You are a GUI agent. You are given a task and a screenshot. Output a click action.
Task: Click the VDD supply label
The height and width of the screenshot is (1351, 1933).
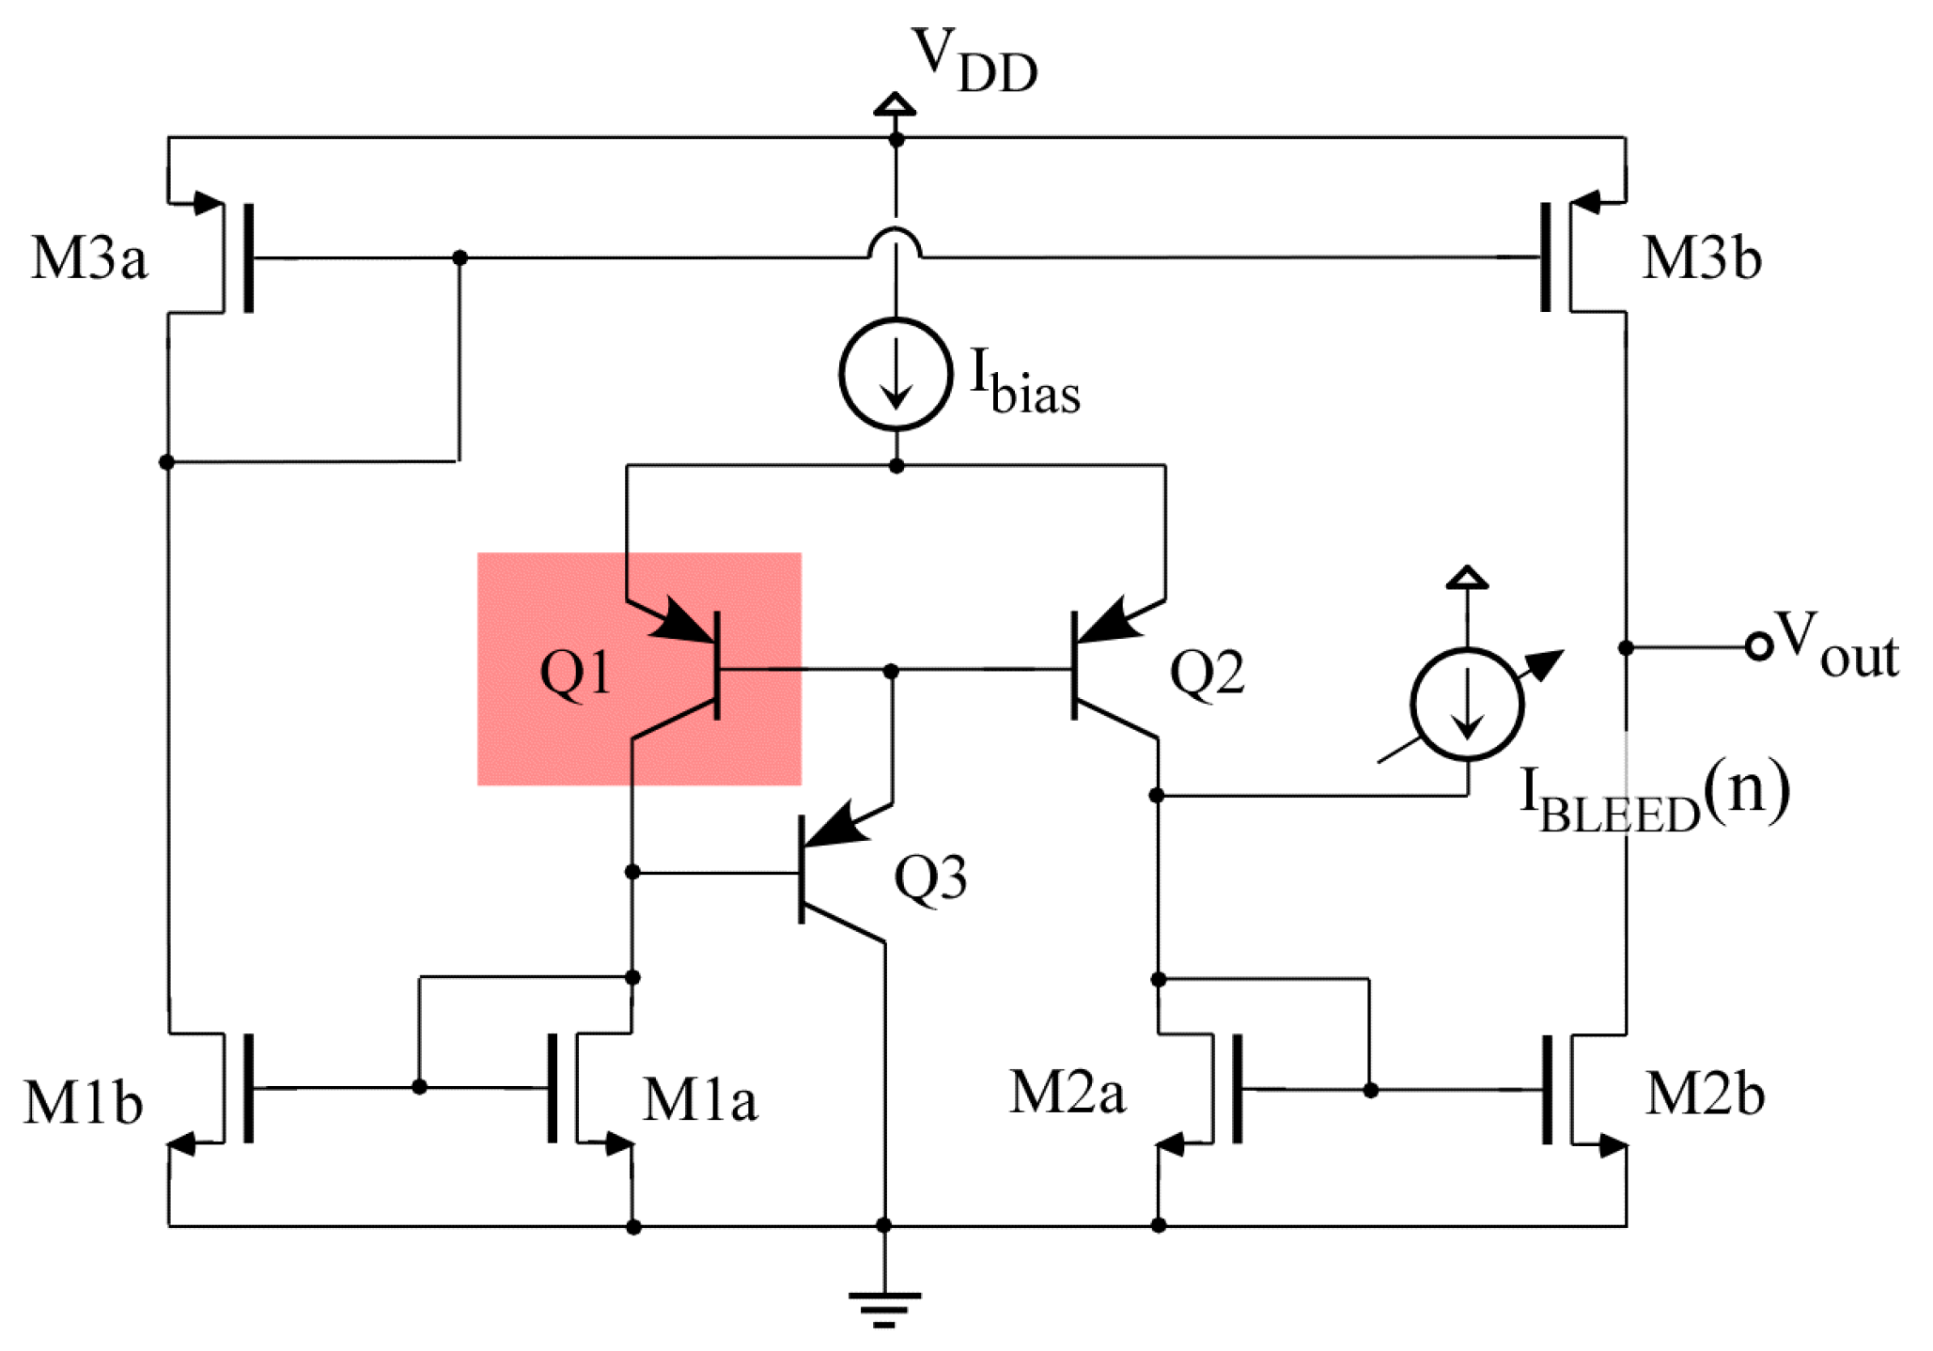click(x=974, y=62)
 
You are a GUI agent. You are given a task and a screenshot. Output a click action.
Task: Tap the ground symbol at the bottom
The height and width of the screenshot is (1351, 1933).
click(x=883, y=1307)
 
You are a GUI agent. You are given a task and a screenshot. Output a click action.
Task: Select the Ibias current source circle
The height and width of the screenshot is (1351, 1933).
click(x=896, y=374)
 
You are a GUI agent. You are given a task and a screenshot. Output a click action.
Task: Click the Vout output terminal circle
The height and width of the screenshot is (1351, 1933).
click(x=1758, y=646)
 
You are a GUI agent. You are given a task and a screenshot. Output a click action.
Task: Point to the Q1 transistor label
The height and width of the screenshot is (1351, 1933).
click(x=575, y=674)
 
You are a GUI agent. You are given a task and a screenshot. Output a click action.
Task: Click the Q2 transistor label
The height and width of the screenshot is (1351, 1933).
click(x=1207, y=674)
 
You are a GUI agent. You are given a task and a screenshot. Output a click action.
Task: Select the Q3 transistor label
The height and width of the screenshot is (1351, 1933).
click(x=929, y=878)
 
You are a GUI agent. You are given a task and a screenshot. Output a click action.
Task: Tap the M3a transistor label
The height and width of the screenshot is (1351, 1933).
click(x=89, y=257)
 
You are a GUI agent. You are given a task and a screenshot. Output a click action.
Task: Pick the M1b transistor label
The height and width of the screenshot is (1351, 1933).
click(x=83, y=1101)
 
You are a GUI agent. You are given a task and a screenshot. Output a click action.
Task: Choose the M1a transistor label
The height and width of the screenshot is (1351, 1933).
click(x=699, y=1099)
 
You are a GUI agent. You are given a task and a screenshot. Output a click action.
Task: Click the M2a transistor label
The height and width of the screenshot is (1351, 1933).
click(x=1067, y=1093)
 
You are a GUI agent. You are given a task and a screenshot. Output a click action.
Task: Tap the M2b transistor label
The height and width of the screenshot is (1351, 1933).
click(x=1705, y=1095)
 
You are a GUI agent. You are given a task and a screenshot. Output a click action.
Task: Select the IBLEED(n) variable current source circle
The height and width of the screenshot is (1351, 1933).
click(x=1466, y=705)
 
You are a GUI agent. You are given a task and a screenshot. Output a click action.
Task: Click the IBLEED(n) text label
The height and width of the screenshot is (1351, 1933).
click(x=1654, y=799)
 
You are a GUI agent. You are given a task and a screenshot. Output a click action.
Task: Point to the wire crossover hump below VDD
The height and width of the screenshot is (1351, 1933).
click(x=895, y=242)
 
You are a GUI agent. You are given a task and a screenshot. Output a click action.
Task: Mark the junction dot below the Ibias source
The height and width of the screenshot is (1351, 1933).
click(x=896, y=466)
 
